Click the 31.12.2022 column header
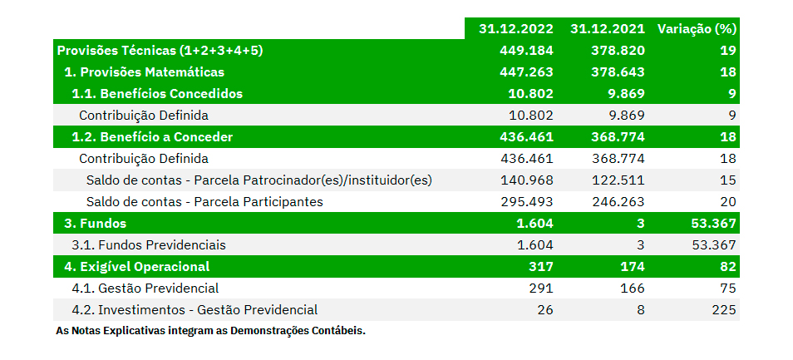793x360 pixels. click(x=515, y=28)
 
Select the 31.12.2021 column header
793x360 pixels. click(x=608, y=28)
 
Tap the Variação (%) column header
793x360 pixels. click(x=697, y=28)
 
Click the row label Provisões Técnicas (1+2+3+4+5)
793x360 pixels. click(x=160, y=50)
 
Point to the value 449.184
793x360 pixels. click(x=526, y=50)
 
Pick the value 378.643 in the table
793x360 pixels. click(x=618, y=72)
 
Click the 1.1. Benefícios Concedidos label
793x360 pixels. click(x=157, y=93)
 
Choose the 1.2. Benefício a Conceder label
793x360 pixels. click(x=152, y=136)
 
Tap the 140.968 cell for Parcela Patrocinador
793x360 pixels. click(x=526, y=180)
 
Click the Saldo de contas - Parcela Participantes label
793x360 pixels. click(x=204, y=201)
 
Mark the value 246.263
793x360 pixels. click(x=618, y=201)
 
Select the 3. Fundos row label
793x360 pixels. click(x=96, y=223)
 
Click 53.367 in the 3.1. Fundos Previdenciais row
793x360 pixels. click(x=714, y=244)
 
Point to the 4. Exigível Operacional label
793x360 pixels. click(x=137, y=266)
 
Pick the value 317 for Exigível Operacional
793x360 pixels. click(x=541, y=266)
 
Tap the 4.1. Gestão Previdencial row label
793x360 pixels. click(x=145, y=288)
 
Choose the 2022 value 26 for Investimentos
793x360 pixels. click(x=544, y=309)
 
